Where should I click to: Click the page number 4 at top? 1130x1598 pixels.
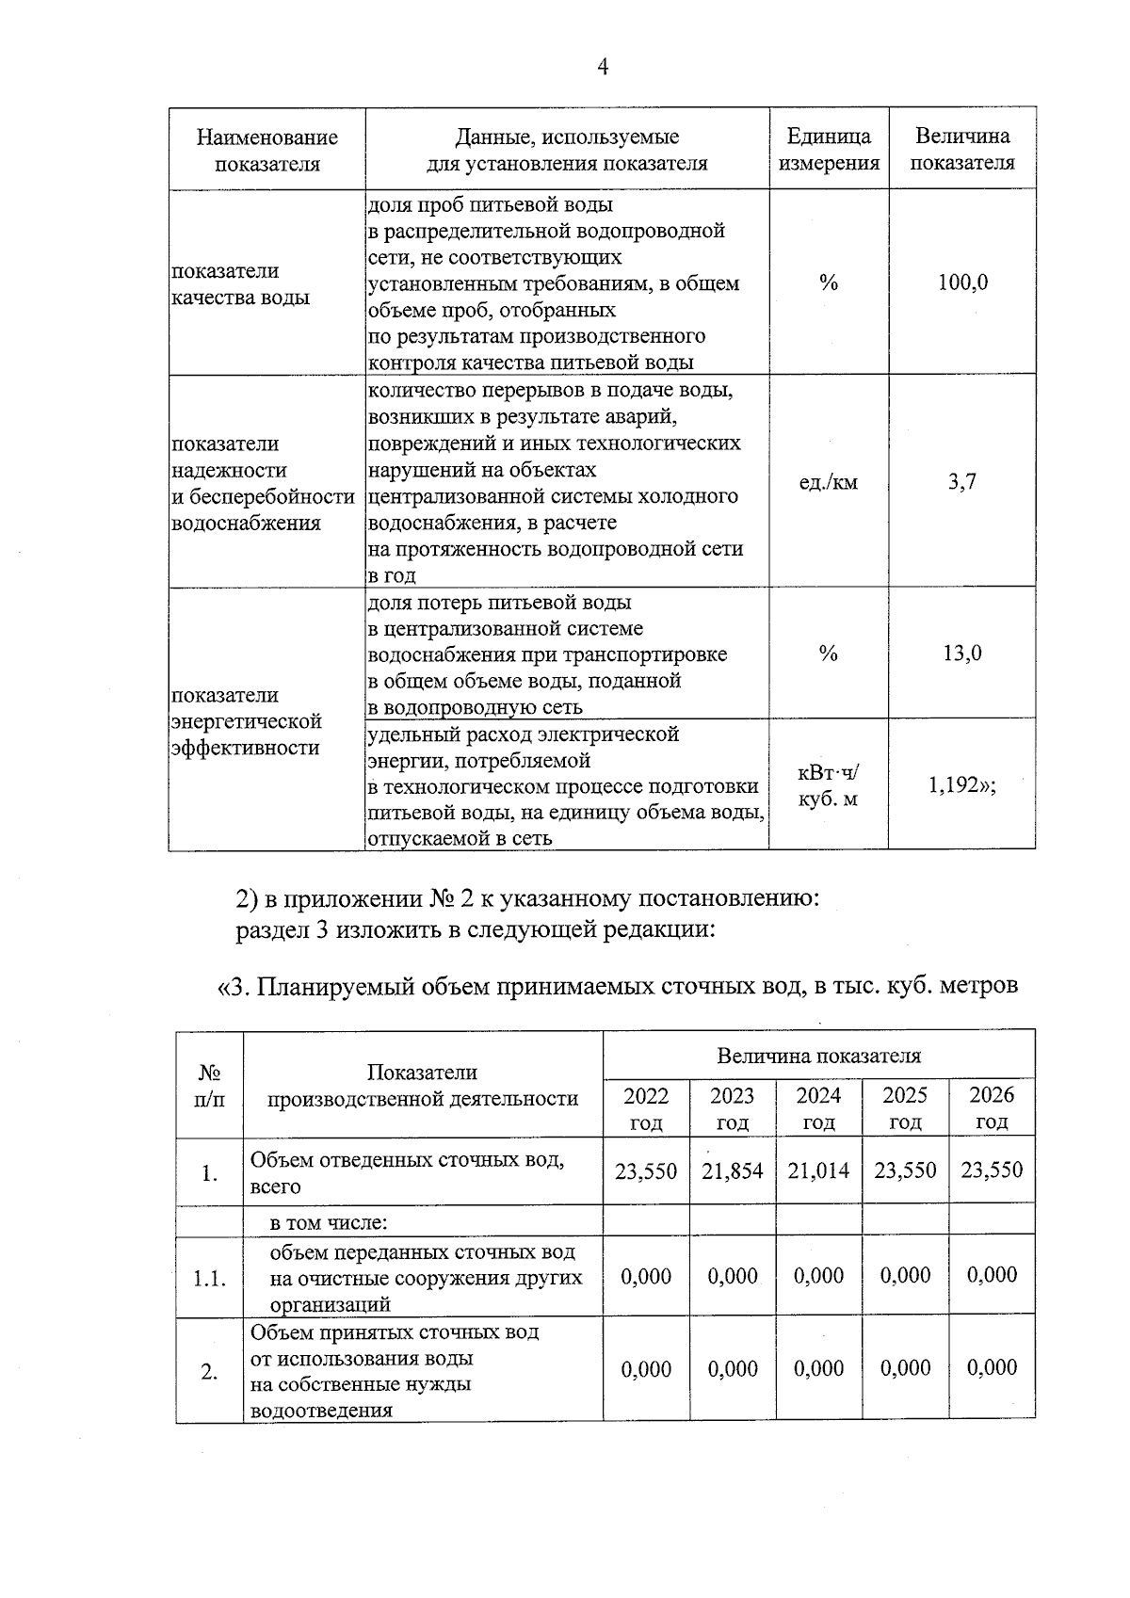pyautogui.click(x=603, y=66)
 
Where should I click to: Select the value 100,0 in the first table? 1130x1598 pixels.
pyautogui.click(x=962, y=282)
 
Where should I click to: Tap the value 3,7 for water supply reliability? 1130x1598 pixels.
pyautogui.click(x=961, y=482)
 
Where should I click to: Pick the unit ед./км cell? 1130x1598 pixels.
pyautogui.click(x=828, y=483)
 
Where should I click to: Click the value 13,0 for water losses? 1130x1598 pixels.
pyautogui.click(x=962, y=653)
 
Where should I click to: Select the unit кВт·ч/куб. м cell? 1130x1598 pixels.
pyautogui.click(x=828, y=786)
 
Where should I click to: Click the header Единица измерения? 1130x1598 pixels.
pyautogui.click(x=828, y=150)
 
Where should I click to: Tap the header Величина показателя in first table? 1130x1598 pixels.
pyautogui.click(x=962, y=150)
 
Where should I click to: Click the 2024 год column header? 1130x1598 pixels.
pyautogui.click(x=818, y=1108)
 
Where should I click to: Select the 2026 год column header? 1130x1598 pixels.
pyautogui.click(x=992, y=1108)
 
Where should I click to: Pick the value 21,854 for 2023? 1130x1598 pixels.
pyautogui.click(x=732, y=1171)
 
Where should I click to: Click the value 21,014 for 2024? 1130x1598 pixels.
pyautogui.click(x=818, y=1171)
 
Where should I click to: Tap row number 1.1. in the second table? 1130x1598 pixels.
pyautogui.click(x=209, y=1279)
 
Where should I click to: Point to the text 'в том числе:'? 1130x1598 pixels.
pyautogui.click(x=329, y=1223)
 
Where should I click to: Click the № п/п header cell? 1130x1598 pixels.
pyautogui.click(x=209, y=1086)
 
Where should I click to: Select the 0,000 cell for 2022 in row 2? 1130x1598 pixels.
pyautogui.click(x=646, y=1369)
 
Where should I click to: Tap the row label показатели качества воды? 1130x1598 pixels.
pyautogui.click(x=240, y=284)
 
